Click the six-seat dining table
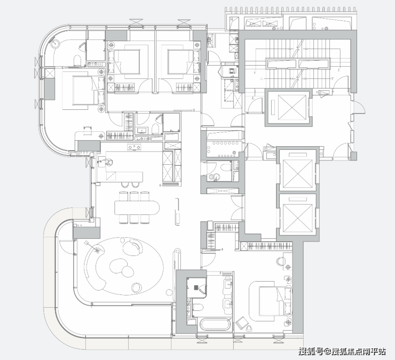pyautogui.click(x=137, y=207)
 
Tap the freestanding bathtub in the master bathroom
pyautogui.click(x=216, y=324)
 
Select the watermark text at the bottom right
pyautogui.click(x=342, y=351)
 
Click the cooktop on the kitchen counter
pyautogui.click(x=134, y=147)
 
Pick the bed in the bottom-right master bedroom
pyautogui.click(x=275, y=301)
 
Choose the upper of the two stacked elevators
pyautogui.click(x=298, y=170)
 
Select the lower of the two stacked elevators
pyautogui.click(x=298, y=214)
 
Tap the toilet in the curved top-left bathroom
pyautogui.click(x=77, y=61)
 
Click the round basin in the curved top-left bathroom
pyautogui.click(x=54, y=43)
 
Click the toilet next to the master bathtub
pyautogui.click(x=198, y=308)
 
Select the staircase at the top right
pyautogui.click(x=298, y=63)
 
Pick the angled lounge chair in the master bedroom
pyautogui.click(x=241, y=323)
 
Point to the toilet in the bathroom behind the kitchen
pyautogui.click(x=155, y=129)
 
